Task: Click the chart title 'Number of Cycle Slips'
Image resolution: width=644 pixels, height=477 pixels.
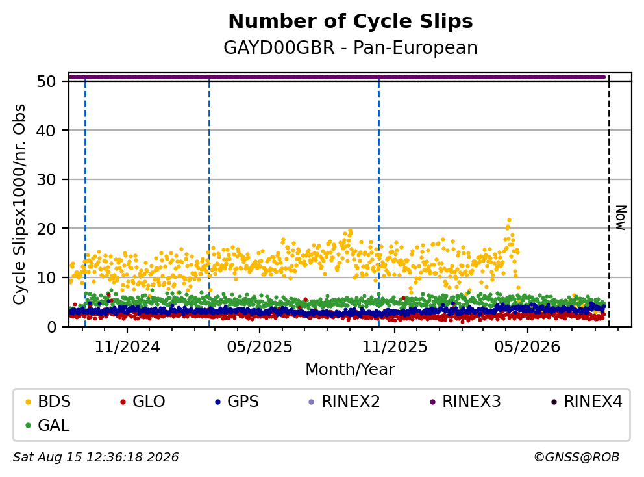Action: click(351, 21)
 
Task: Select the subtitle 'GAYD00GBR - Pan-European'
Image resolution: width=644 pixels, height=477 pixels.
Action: click(351, 47)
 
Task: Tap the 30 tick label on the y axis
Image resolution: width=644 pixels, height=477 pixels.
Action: click(46, 179)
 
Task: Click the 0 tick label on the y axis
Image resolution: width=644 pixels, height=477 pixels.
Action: click(51, 327)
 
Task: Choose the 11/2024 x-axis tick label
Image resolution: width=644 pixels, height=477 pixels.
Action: click(127, 347)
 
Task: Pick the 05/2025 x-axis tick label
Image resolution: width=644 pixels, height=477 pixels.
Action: click(260, 347)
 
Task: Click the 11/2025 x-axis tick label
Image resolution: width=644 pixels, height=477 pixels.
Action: click(394, 347)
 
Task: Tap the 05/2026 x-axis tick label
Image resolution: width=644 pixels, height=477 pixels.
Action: click(527, 347)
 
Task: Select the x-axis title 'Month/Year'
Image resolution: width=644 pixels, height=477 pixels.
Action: click(351, 369)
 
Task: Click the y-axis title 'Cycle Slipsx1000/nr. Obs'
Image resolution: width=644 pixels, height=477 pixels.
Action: click(19, 204)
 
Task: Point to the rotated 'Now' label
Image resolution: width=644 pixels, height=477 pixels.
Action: click(621, 218)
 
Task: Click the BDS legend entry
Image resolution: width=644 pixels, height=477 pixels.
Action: click(48, 402)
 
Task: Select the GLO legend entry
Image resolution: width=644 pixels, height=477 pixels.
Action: click(143, 402)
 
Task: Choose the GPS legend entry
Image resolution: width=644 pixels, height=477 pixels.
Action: click(237, 402)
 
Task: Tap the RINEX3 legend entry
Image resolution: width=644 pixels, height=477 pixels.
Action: click(465, 402)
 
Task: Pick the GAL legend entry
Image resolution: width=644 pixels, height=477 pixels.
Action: click(47, 425)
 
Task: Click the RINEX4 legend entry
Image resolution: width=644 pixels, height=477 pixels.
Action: click(587, 402)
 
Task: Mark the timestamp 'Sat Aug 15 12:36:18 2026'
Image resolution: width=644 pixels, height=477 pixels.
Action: click(95, 457)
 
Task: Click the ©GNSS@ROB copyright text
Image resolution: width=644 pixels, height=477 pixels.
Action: click(576, 457)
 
